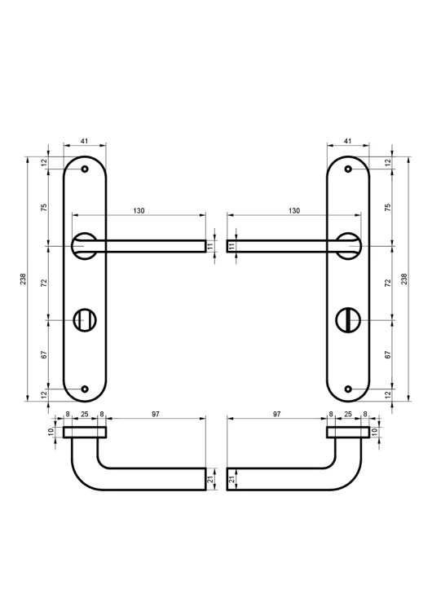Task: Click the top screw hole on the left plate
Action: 85,169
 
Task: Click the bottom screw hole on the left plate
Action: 85,389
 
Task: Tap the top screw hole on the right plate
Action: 349,169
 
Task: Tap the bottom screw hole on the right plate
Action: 349,389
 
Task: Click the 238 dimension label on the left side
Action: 24,279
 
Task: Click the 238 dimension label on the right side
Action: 404,279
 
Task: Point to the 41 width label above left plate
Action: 84,141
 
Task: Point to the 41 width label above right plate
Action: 348,141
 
